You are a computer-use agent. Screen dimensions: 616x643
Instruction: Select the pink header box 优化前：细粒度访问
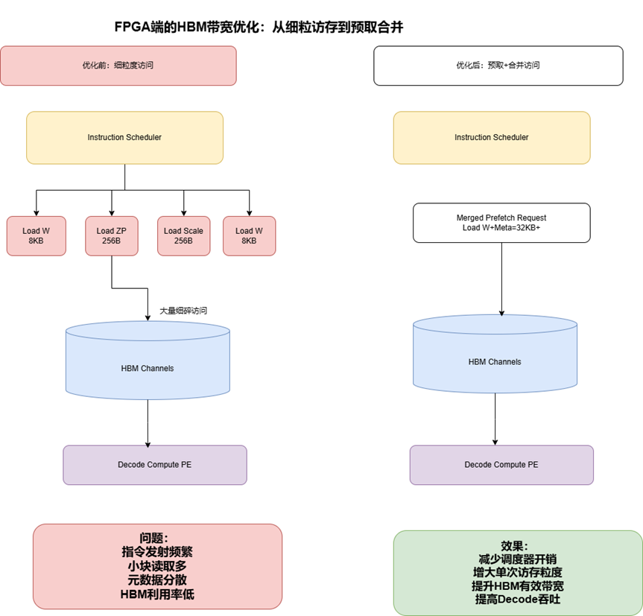pyautogui.click(x=118, y=66)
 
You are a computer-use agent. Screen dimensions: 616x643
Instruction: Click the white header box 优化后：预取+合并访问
pyautogui.click(x=498, y=66)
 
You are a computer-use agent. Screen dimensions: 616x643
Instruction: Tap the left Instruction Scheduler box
pyautogui.click(x=124, y=137)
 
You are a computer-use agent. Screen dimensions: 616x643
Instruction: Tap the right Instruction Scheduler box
pyautogui.click(x=491, y=137)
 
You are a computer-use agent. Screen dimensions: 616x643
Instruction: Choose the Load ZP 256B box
pyautogui.click(x=112, y=236)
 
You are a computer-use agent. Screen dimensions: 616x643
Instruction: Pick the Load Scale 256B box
pyautogui.click(x=183, y=236)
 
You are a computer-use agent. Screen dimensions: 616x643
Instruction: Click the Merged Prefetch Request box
pyautogui.click(x=501, y=223)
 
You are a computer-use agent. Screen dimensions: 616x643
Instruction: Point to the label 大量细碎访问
pyautogui.click(x=183, y=311)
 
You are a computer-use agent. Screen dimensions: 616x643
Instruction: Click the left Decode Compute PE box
pyautogui.click(x=154, y=465)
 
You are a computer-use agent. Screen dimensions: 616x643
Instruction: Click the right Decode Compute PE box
pyautogui.click(x=501, y=465)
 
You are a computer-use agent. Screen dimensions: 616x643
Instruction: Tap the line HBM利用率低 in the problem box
pyautogui.click(x=157, y=594)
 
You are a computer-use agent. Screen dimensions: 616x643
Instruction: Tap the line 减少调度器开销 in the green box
pyautogui.click(x=517, y=559)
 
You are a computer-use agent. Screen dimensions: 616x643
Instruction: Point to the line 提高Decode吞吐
pyautogui.click(x=517, y=598)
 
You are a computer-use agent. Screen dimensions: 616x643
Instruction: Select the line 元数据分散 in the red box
pyautogui.click(x=157, y=580)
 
